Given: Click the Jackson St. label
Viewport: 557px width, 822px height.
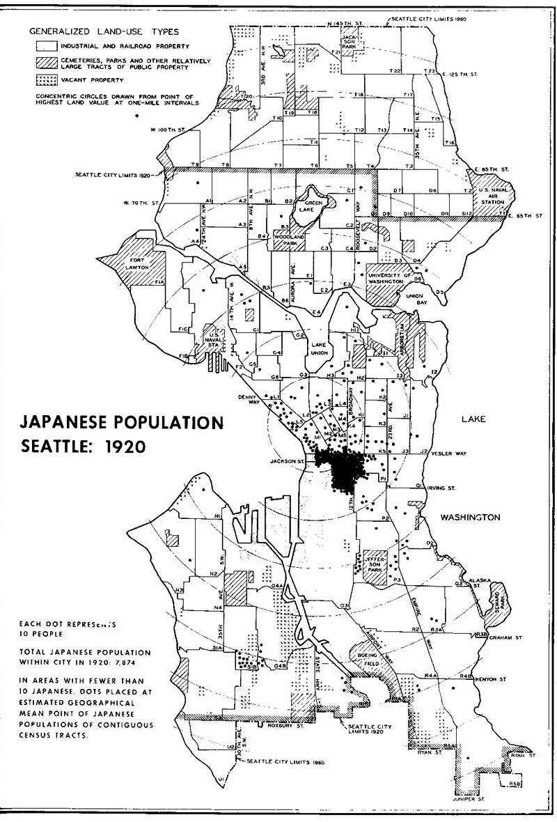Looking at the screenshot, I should click(292, 460).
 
